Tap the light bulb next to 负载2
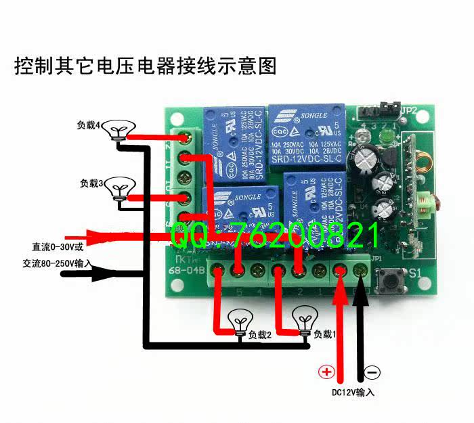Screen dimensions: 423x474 click(239, 321)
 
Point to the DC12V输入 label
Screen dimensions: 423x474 click(353, 392)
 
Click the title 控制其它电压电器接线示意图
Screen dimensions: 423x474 click(146, 66)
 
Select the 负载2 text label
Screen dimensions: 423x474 click(259, 334)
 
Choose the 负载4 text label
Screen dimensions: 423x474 click(89, 125)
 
